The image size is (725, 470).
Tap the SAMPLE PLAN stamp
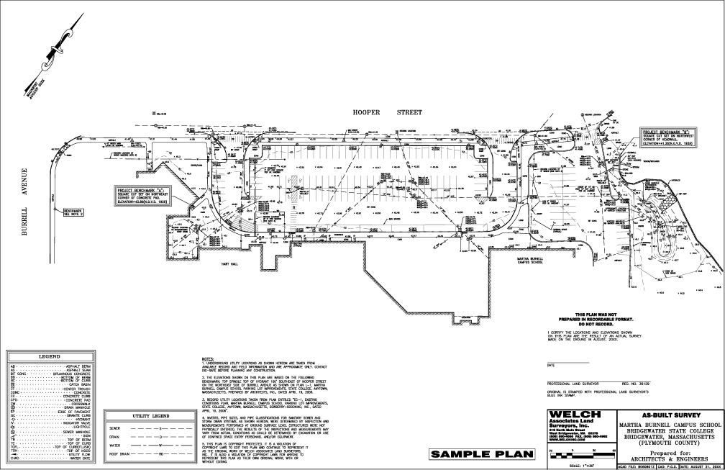point(483,454)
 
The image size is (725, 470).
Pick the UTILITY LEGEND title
point(146,417)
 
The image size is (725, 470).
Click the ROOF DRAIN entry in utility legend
point(119,454)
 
